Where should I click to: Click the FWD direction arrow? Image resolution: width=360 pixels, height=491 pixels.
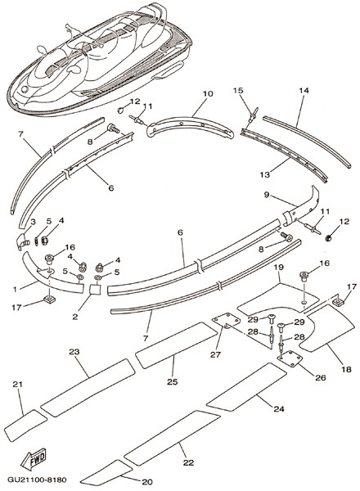pos(34,459)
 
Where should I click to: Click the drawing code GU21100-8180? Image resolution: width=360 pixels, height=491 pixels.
pos(37,480)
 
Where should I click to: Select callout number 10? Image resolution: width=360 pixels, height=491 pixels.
pos(208,93)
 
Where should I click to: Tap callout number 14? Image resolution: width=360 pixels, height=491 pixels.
pos(304,91)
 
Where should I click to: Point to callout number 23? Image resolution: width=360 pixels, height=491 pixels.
pos(74,352)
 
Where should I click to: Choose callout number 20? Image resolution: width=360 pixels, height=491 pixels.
pos(147,482)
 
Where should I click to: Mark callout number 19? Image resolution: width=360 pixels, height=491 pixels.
pos(279,267)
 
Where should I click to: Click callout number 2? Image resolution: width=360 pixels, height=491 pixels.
pos(74,317)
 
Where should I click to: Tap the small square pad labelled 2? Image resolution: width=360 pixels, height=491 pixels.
pos(96,290)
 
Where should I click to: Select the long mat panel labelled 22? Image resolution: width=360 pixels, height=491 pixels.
pos(172,438)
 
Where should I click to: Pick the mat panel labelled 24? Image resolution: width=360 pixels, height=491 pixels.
pos(246,387)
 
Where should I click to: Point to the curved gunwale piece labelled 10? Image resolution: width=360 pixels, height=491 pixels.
pos(190,128)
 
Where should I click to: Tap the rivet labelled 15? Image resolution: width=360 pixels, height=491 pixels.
pos(253,116)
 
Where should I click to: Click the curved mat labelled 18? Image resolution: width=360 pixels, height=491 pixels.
pos(326,329)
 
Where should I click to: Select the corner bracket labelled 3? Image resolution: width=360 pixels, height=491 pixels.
pos(23,242)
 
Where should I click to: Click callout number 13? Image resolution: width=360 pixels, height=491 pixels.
pos(265,174)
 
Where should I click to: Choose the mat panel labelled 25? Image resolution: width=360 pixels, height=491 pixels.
pos(176,345)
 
